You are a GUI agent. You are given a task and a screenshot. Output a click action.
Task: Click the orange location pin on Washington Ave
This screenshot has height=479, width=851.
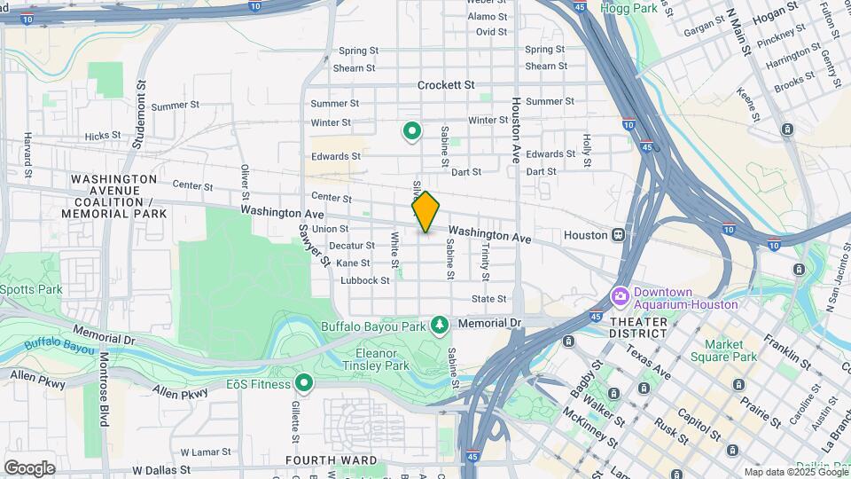[425, 212]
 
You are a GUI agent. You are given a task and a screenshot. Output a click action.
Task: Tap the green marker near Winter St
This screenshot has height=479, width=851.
[412, 132]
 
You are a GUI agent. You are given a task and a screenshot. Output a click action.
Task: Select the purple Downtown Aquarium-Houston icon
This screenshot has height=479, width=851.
[619, 295]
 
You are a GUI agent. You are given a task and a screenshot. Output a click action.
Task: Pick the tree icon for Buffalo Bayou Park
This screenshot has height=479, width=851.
[439, 326]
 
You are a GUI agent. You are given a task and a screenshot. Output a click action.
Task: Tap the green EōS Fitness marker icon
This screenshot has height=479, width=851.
[304, 383]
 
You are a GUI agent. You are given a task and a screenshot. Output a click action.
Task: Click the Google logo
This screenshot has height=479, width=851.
[29, 467]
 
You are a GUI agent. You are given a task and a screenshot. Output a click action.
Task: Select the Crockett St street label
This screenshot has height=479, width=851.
[447, 85]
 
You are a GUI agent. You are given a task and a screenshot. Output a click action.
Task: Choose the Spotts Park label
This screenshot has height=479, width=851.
[31, 289]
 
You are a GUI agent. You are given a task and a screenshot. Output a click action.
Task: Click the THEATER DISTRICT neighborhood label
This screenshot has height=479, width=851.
[637, 326]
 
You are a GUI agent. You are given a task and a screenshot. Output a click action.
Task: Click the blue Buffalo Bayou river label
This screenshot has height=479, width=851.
[59, 344]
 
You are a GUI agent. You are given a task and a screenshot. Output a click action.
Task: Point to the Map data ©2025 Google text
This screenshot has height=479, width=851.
[794, 471]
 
